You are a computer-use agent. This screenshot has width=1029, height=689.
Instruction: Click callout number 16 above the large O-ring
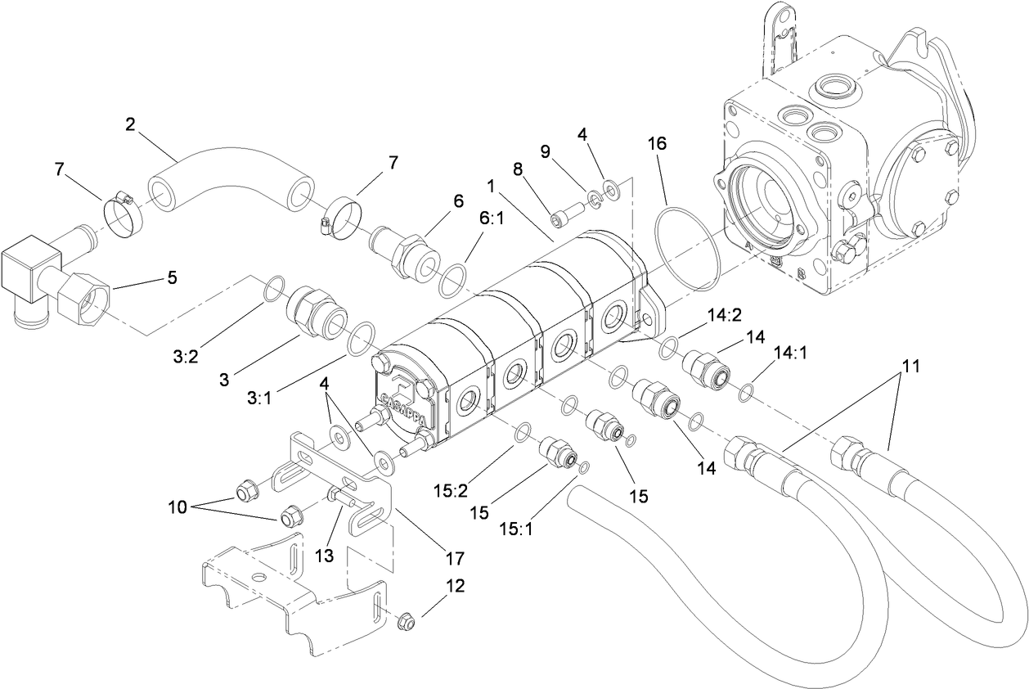(x=658, y=143)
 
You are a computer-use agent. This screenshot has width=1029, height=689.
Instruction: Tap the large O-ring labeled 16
(x=690, y=248)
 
